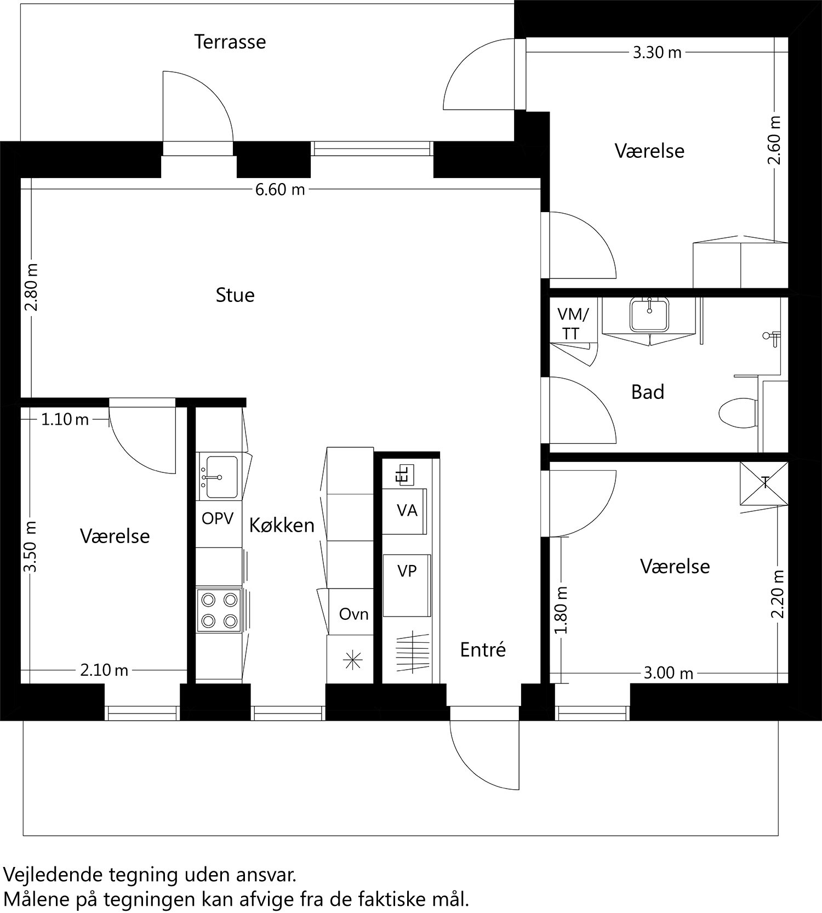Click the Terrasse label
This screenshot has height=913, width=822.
(x=230, y=42)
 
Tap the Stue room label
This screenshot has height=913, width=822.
(x=235, y=295)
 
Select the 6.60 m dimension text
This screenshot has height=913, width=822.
(x=280, y=190)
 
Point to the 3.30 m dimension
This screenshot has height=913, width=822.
(x=657, y=53)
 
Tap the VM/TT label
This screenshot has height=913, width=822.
(x=572, y=324)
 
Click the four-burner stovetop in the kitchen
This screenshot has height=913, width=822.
(x=219, y=610)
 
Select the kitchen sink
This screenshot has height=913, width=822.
(x=219, y=476)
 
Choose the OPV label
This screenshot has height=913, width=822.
(x=218, y=518)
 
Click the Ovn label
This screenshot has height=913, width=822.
(x=353, y=614)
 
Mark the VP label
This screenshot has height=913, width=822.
(x=407, y=571)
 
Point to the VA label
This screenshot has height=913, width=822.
(x=407, y=511)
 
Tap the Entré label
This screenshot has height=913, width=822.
(x=483, y=649)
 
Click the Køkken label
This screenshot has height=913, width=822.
(x=282, y=525)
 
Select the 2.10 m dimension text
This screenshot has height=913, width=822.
(x=105, y=670)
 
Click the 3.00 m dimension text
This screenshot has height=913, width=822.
(x=668, y=672)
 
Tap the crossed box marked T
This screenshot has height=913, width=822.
(x=764, y=483)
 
